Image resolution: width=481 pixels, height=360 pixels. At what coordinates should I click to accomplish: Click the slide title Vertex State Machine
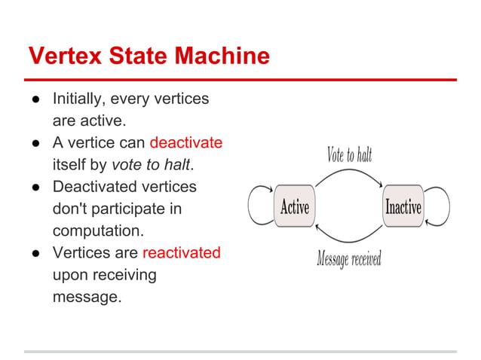click(x=149, y=56)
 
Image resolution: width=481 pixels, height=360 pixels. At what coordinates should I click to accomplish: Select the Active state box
click(x=295, y=206)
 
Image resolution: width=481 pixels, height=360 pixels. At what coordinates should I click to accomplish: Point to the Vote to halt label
click(x=349, y=155)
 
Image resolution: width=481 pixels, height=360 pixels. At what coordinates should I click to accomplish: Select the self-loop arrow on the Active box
click(x=258, y=206)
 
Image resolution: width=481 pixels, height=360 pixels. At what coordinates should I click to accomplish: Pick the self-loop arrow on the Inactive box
click(x=439, y=206)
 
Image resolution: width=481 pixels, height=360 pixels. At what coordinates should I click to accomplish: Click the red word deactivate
click(x=186, y=142)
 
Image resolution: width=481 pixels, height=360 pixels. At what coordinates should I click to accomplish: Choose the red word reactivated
click(x=181, y=252)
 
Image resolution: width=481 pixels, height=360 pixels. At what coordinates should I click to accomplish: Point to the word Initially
click(x=79, y=99)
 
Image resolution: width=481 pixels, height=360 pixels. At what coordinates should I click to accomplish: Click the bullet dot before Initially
click(x=35, y=99)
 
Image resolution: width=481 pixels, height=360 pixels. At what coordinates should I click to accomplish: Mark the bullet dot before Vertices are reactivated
click(x=35, y=253)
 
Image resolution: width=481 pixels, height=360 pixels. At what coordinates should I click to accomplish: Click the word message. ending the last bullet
click(x=87, y=297)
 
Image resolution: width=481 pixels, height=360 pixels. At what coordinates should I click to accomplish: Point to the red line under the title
click(x=240, y=80)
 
